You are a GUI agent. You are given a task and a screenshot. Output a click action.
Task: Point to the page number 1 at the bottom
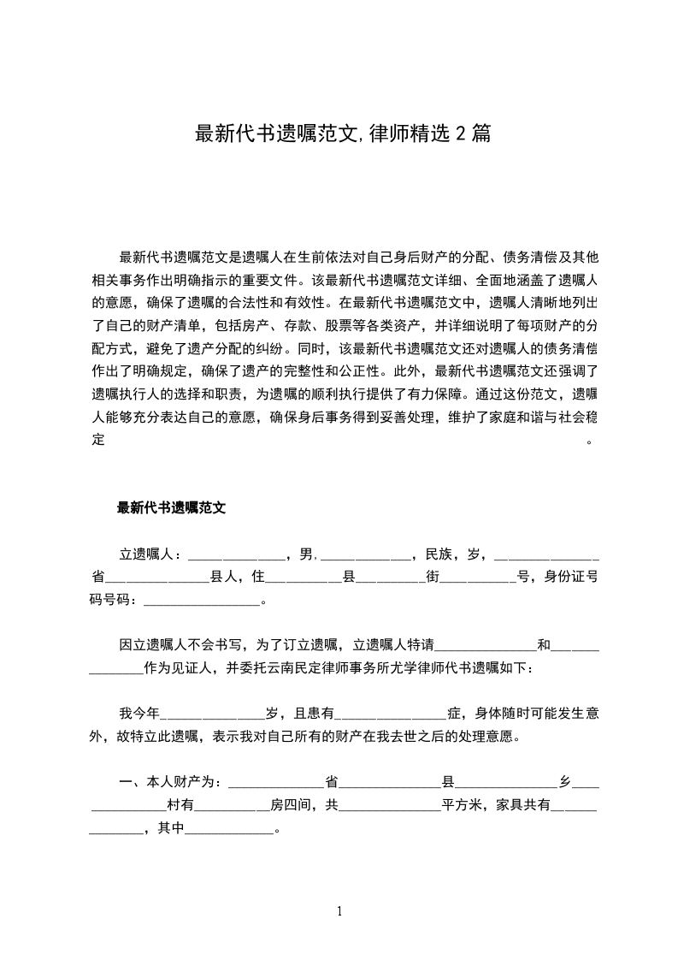(339, 911)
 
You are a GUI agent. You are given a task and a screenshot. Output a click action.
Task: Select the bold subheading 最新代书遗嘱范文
(171, 507)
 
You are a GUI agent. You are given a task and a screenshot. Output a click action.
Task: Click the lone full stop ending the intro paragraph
(588, 441)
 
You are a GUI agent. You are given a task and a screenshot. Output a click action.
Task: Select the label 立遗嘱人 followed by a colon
(146, 554)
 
